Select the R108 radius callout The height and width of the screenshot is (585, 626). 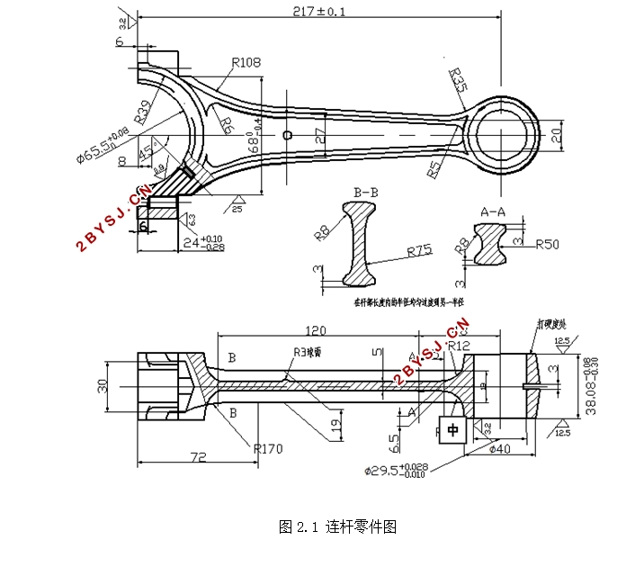click(x=246, y=63)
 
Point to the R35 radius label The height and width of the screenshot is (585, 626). click(x=457, y=81)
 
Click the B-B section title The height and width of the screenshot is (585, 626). click(x=367, y=193)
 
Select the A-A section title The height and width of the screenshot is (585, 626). click(x=493, y=211)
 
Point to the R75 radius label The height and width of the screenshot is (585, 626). click(x=419, y=252)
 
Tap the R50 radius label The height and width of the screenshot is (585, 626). click(x=548, y=244)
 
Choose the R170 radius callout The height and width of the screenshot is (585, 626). click(x=269, y=447)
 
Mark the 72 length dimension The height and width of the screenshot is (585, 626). click(x=199, y=457)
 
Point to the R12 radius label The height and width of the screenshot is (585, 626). click(x=459, y=346)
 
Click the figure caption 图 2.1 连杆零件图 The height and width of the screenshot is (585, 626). click(x=338, y=526)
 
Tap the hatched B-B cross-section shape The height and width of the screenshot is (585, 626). click(x=363, y=241)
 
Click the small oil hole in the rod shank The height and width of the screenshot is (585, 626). click(x=287, y=135)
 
